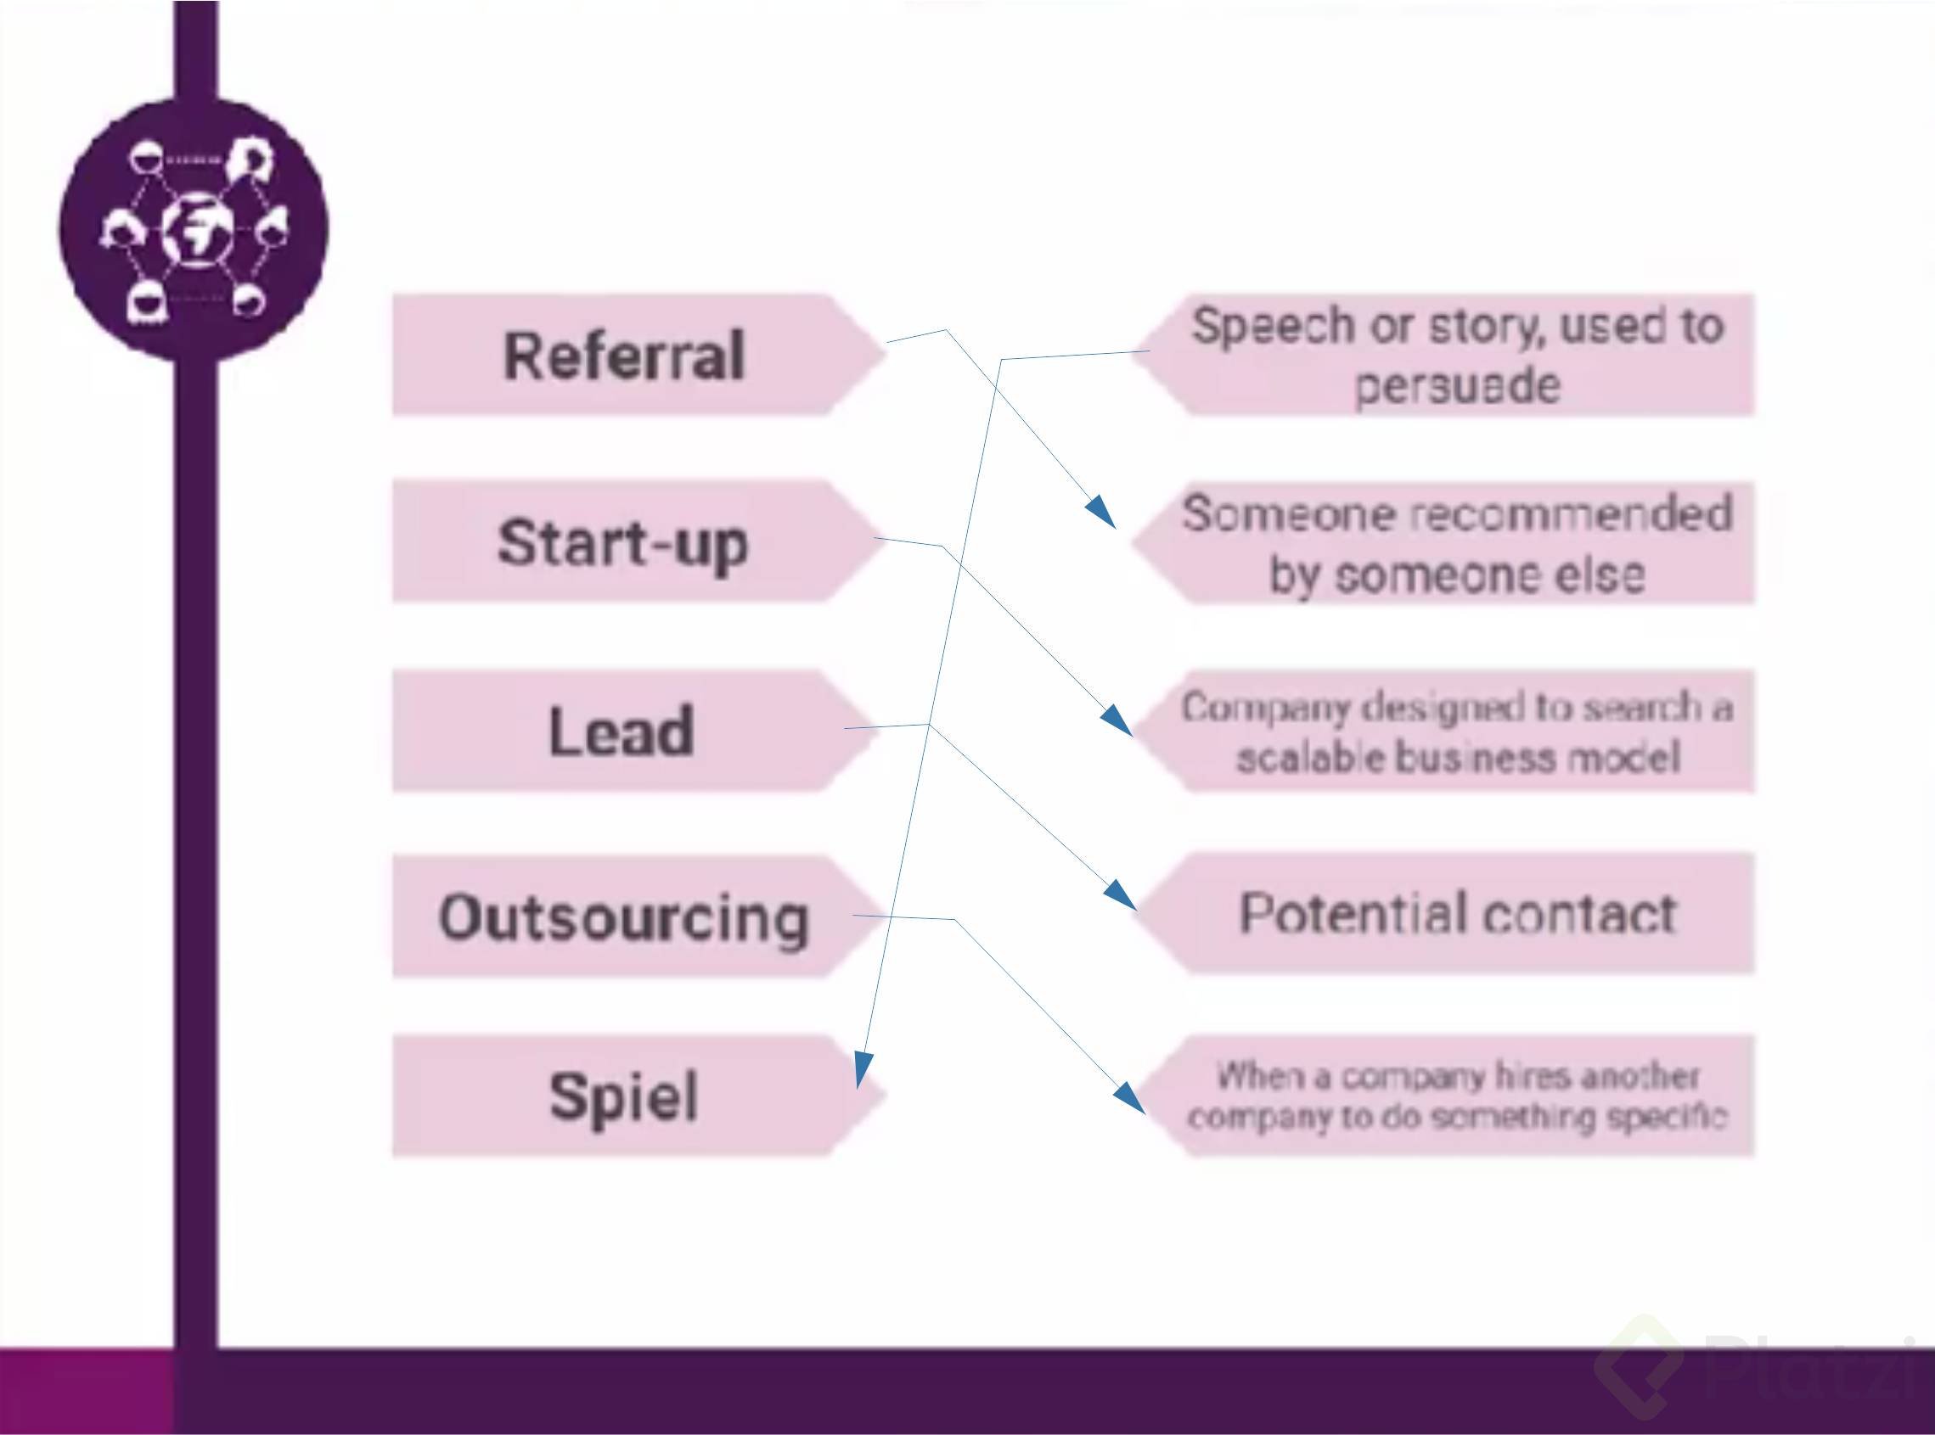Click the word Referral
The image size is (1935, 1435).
point(624,356)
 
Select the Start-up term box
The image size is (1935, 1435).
point(622,542)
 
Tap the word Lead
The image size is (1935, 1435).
point(622,731)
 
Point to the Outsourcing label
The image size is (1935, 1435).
point(623,917)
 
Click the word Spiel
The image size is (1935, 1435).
point(623,1096)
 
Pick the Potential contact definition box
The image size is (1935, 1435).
point(1456,914)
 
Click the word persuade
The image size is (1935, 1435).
point(1457,384)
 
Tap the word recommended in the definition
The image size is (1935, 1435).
point(1570,513)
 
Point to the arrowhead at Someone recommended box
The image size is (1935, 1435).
point(1102,513)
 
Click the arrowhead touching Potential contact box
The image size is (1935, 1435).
point(1121,894)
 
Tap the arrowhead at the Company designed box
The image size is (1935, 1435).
point(1117,720)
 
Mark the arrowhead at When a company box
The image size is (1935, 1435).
point(1129,1098)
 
